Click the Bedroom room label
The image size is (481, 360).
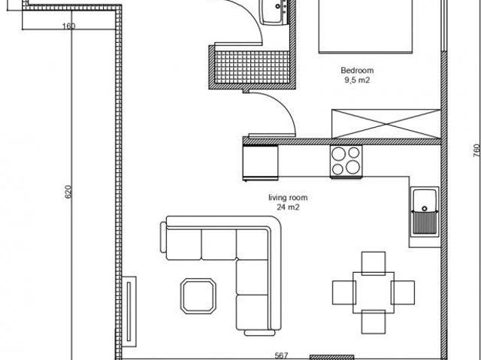[x=357, y=70]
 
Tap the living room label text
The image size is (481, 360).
[x=288, y=198]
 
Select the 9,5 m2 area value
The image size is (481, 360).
[x=357, y=80]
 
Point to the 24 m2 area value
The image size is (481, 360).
[x=288, y=207]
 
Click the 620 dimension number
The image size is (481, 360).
[x=68, y=192]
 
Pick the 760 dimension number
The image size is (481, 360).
[x=476, y=151]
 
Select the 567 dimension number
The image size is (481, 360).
[x=281, y=355]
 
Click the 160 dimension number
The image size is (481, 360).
[x=68, y=26]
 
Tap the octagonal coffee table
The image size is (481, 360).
[x=198, y=296]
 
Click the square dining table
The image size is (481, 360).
[x=374, y=292]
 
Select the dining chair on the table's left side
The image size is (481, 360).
[x=344, y=292]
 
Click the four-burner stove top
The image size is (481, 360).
[x=346, y=162]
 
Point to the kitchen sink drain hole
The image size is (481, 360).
[x=424, y=208]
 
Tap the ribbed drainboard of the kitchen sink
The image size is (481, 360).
[x=425, y=222]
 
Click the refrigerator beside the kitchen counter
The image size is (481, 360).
[x=261, y=162]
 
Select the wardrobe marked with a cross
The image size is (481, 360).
[x=386, y=123]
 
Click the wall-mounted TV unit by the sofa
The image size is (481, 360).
[x=129, y=312]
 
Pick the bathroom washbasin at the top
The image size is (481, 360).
[x=274, y=12]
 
